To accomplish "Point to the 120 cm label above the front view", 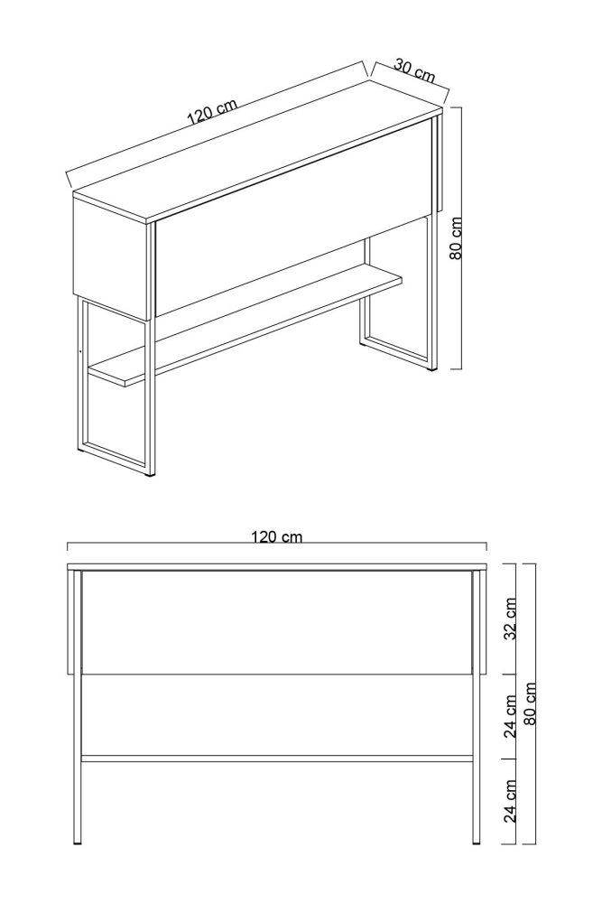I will [x=277, y=536].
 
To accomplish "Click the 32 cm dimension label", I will [x=510, y=619].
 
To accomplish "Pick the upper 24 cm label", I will [x=510, y=716].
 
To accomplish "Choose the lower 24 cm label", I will [x=510, y=801].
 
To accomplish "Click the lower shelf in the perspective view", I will [x=244, y=325].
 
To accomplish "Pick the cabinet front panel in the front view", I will [x=277, y=623].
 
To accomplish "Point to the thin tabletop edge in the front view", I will [x=277, y=567].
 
